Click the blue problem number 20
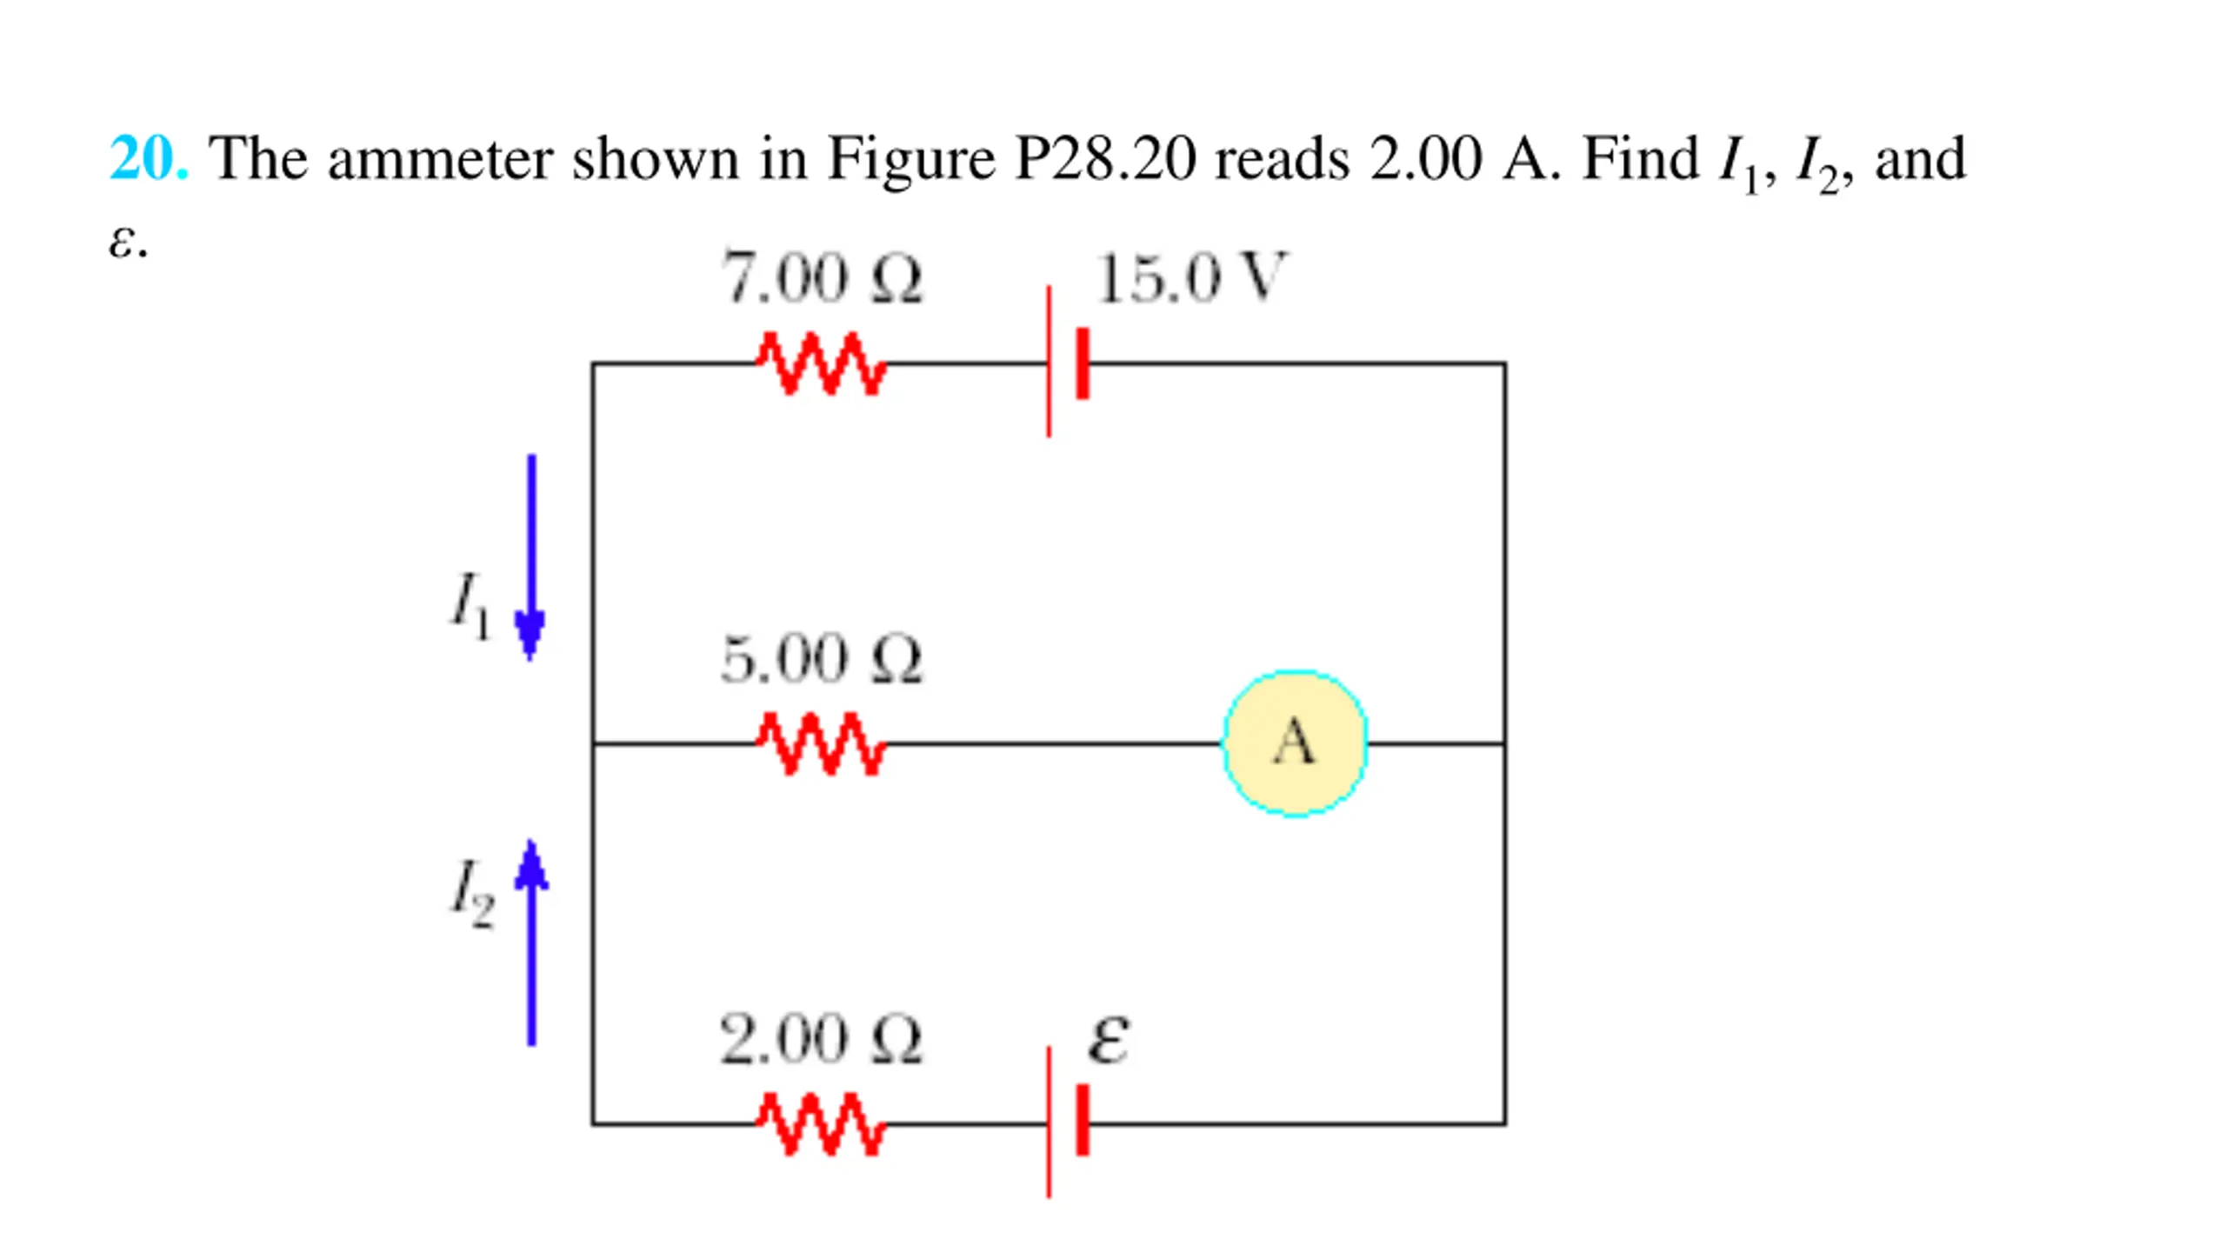149,158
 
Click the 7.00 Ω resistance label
822,278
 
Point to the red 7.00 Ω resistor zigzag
821,363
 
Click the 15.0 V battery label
1190,278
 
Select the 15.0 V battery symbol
1068,362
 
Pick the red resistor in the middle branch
821,743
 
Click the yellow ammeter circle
1295,743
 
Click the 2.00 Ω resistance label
821,1039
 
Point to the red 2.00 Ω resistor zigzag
821,1124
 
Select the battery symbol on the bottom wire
1068,1122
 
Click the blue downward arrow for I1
531,557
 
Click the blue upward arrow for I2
531,942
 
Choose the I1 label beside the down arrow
470,605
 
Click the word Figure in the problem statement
911,159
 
